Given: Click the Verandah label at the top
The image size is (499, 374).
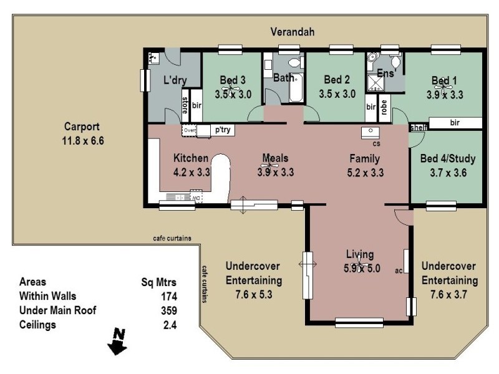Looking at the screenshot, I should click(293, 32).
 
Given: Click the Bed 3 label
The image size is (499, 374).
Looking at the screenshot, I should click(233, 80).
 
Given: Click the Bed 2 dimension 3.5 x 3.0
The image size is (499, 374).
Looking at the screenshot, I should click(336, 95).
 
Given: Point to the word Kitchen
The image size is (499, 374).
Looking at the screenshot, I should click(190, 158).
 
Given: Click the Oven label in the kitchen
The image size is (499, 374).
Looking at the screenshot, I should click(189, 130).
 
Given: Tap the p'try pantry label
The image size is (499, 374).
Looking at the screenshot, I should click(223, 130).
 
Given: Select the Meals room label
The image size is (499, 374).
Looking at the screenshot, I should click(275, 158).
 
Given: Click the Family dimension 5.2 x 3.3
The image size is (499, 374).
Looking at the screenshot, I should click(365, 173).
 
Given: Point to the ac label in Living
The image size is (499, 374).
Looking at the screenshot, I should click(399, 271).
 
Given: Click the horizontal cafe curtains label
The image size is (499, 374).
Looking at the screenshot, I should click(172, 238).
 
